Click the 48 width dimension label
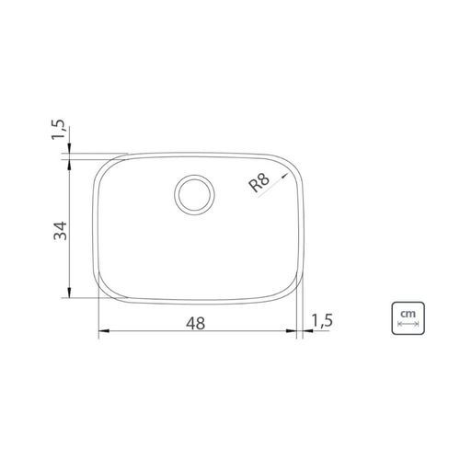coord(195,323)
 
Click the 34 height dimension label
coord(60,230)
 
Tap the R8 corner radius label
coord(259,183)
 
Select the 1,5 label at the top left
coord(58,129)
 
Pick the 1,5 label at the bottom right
coord(322,320)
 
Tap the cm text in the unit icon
coord(408,314)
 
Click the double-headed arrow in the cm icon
coord(408,324)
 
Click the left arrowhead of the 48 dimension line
coord(104,331)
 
